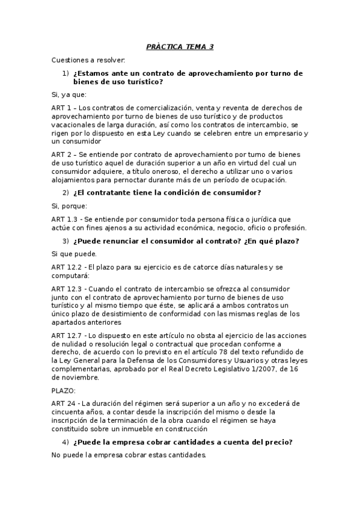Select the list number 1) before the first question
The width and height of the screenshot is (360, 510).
(x=66, y=73)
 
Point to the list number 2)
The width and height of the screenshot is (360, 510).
(x=66, y=192)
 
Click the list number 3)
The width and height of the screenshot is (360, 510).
(x=66, y=241)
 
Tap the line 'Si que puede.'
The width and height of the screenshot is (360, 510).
(x=70, y=254)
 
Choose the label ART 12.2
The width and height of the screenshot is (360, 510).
(x=67, y=267)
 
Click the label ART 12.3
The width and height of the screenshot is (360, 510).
(x=67, y=289)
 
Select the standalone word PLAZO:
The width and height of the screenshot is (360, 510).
(x=64, y=391)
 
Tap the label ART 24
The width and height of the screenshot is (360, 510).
(x=63, y=404)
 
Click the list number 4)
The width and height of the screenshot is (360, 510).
(x=66, y=442)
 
